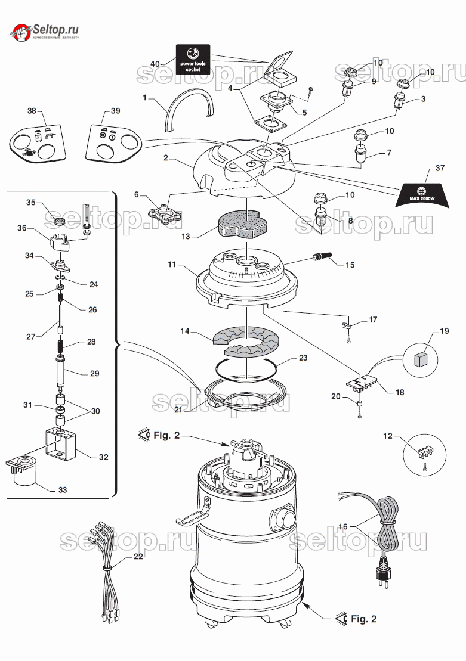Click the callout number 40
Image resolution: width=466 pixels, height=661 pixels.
(155, 63)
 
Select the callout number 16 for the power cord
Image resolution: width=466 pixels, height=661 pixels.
(342, 526)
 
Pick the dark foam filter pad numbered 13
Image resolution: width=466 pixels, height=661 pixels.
(237, 222)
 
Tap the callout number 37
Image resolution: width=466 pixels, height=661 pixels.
(440, 169)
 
